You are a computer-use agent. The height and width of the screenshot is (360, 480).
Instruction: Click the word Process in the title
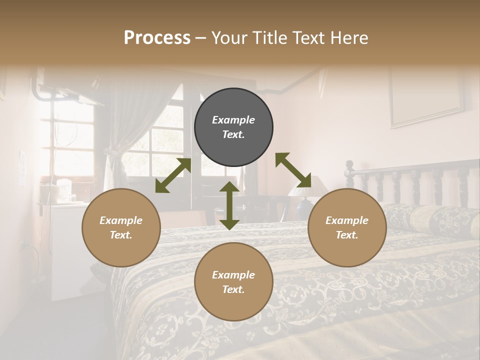(157, 38)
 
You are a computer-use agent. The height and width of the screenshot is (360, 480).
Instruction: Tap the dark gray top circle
(233, 127)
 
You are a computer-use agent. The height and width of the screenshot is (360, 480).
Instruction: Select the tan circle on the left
(121, 227)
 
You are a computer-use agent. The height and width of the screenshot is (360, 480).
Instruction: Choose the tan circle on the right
(347, 227)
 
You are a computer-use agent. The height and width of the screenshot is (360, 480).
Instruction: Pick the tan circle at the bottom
(233, 281)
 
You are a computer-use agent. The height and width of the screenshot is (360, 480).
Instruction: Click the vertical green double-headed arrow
(229, 205)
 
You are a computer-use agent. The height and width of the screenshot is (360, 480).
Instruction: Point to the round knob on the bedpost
(349, 164)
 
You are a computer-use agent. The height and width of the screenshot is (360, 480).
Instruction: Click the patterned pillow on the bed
(440, 220)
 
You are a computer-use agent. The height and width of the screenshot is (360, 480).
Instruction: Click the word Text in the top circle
(233, 134)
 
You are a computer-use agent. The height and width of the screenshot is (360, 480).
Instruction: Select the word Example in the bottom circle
(233, 274)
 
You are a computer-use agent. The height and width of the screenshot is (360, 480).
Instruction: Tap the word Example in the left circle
(121, 220)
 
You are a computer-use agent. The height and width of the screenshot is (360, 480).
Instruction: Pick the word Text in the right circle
(347, 235)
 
